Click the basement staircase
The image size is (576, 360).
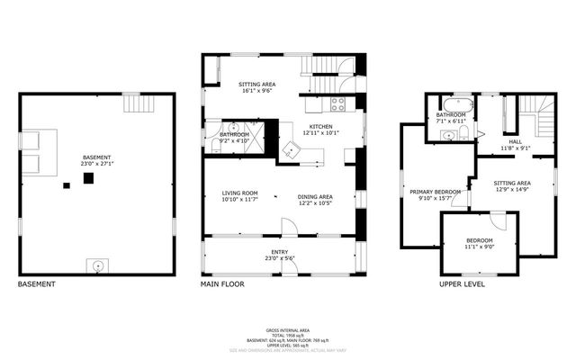tap(134, 103)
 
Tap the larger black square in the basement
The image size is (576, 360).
tap(88, 178)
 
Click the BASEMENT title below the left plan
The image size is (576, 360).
tap(36, 284)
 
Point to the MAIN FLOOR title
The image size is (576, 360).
tap(224, 284)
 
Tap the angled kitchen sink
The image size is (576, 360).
tap(292, 148)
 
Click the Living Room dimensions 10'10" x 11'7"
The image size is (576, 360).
tap(240, 200)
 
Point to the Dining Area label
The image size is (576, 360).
tap(315, 195)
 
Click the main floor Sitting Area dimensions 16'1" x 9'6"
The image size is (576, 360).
tap(240, 89)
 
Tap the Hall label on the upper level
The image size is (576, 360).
tap(516, 140)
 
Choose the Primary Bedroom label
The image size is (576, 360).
tap(436, 191)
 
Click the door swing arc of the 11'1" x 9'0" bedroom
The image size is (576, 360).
tap(498, 220)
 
